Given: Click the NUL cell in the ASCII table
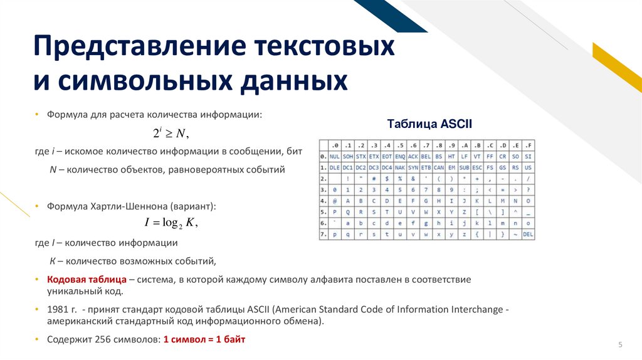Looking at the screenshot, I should click(x=334, y=156).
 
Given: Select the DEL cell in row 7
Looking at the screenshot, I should click(x=528, y=235).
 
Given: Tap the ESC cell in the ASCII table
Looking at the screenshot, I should click(x=477, y=167).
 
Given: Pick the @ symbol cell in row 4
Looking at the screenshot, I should click(x=334, y=201).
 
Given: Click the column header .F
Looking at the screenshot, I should click(x=528, y=145).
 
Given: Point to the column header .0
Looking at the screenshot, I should click(x=334, y=145).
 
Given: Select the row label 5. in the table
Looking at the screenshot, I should click(x=323, y=213).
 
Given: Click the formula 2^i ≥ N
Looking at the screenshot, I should click(x=171, y=133).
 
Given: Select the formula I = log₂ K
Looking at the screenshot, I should click(x=171, y=223).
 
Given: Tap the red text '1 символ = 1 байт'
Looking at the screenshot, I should click(x=204, y=339).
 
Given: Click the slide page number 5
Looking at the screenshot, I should click(x=620, y=345).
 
